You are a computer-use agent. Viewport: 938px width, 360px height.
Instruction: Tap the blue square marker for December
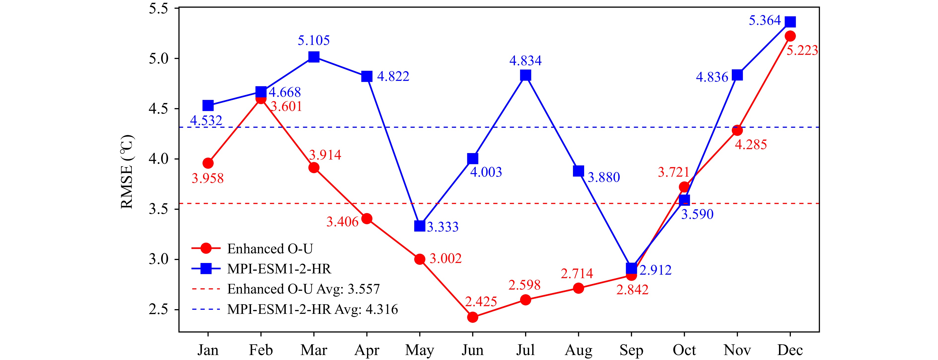pos(790,22)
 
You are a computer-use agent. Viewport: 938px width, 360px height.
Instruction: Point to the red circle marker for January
pos(208,163)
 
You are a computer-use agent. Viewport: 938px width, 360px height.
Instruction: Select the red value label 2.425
pos(481,302)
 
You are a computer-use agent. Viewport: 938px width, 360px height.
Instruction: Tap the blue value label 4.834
pos(525,61)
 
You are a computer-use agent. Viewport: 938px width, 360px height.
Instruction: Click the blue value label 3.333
pos(442,227)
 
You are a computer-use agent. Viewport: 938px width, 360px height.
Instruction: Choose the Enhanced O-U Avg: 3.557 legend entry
pos(303,289)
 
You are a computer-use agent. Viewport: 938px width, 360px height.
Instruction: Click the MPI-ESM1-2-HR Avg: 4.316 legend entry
pos(312,309)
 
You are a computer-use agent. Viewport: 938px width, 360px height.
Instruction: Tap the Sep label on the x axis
pos(631,350)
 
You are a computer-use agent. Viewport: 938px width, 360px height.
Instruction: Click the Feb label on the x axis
pos(261,350)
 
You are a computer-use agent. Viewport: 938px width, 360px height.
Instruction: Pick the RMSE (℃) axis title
pos(127,172)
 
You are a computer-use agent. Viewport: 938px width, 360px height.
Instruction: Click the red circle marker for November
pos(737,130)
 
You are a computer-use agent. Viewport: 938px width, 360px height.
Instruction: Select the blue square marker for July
pos(525,75)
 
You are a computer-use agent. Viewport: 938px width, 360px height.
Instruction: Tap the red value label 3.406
pos(342,222)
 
